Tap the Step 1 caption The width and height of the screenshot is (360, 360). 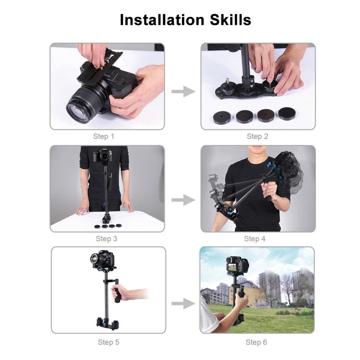pos(103,137)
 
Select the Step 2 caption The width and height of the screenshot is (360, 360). pos(257,137)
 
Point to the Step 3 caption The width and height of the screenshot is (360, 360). pos(106,239)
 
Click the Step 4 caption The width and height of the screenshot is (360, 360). pos(255,239)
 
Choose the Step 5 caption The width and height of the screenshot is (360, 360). pos(108,342)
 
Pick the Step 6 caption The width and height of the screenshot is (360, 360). pos(256,342)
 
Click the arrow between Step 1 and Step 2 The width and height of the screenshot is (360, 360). pos(183,92)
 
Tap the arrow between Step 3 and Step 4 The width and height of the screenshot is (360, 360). pos(183,200)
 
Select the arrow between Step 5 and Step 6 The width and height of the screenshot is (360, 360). pos(183,304)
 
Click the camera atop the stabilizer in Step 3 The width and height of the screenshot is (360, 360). pos(103,156)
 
